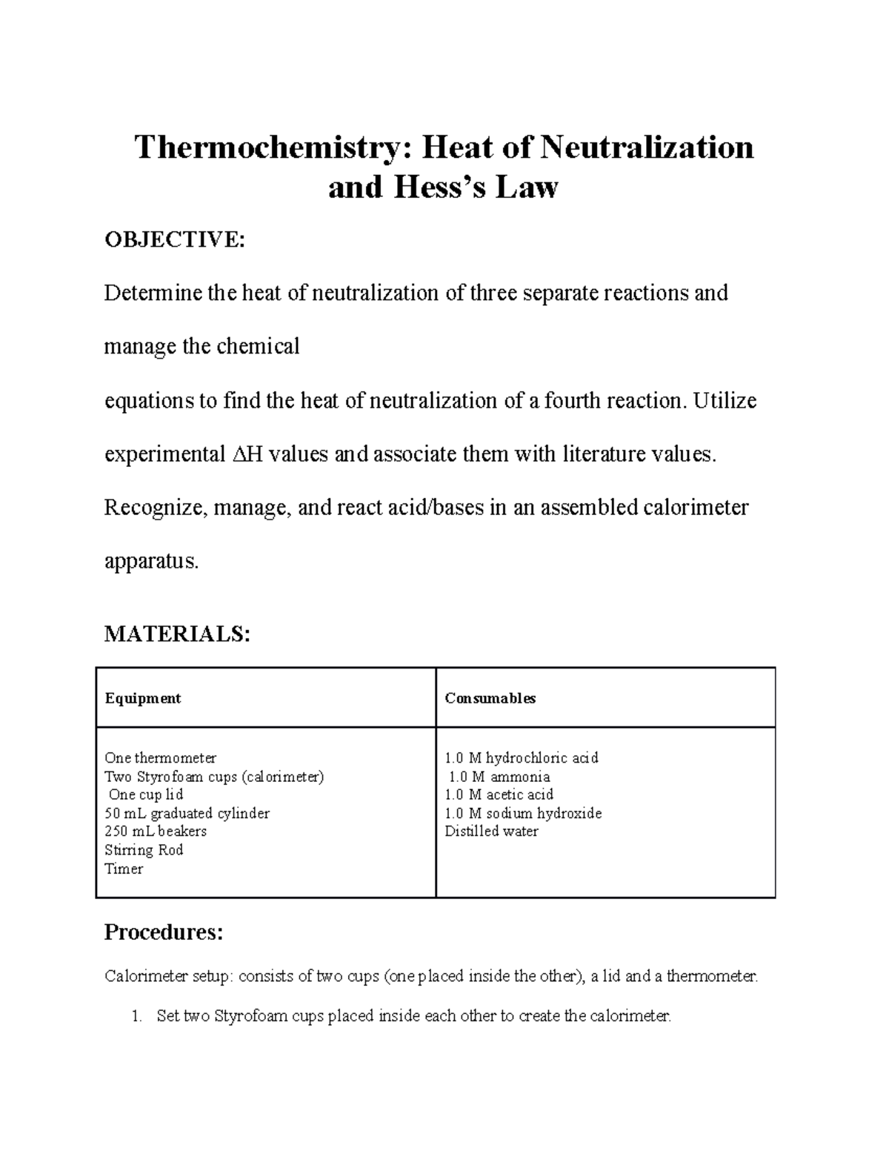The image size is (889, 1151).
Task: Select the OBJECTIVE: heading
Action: pos(173,240)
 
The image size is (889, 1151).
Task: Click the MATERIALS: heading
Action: pos(177,634)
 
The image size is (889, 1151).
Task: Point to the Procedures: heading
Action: pos(163,932)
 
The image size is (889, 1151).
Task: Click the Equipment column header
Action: pos(142,698)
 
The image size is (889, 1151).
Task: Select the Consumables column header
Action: pos(490,698)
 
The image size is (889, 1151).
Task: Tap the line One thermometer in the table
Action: pos(160,758)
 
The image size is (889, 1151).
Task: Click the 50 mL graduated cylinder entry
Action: pos(187,813)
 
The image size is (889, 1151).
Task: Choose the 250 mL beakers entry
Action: pos(156,832)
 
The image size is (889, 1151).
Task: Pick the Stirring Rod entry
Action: pos(144,850)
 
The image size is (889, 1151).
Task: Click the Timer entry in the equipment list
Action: pos(124,869)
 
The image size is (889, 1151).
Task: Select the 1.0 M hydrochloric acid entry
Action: pos(521,758)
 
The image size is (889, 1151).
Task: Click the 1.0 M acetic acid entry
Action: pos(499,795)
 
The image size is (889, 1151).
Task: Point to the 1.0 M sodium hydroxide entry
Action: pos(522,813)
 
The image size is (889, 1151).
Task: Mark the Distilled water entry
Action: pos(491,832)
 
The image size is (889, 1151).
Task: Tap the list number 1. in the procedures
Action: pos(136,1016)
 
